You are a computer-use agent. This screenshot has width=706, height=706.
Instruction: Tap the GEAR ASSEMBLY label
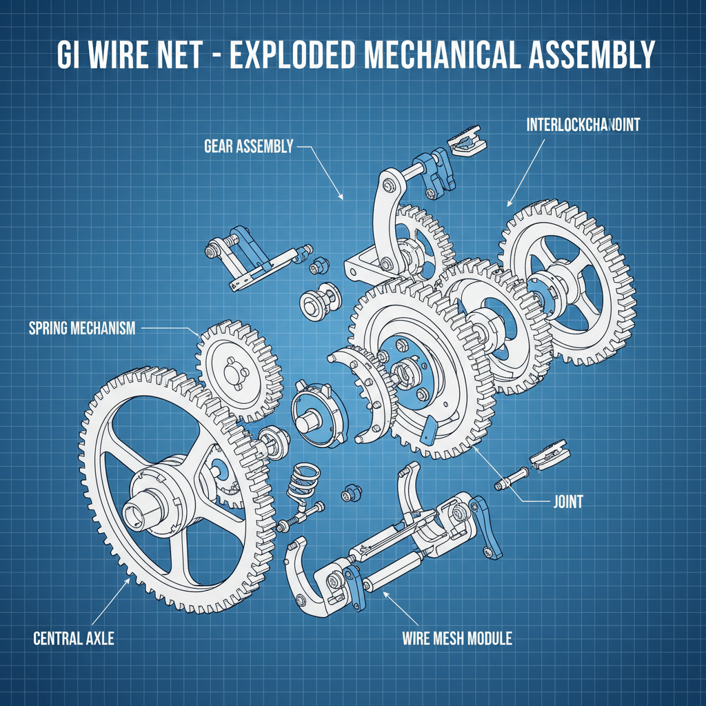249,146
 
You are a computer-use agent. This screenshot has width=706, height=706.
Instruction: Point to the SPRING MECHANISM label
82,328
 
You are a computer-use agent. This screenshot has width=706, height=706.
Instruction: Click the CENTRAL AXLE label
74,638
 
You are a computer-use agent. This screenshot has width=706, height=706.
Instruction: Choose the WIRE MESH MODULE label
456,638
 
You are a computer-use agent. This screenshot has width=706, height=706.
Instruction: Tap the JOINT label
567,501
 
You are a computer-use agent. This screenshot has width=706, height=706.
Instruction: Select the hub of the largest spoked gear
155,496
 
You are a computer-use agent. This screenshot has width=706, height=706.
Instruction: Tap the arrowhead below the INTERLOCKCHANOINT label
510,203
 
